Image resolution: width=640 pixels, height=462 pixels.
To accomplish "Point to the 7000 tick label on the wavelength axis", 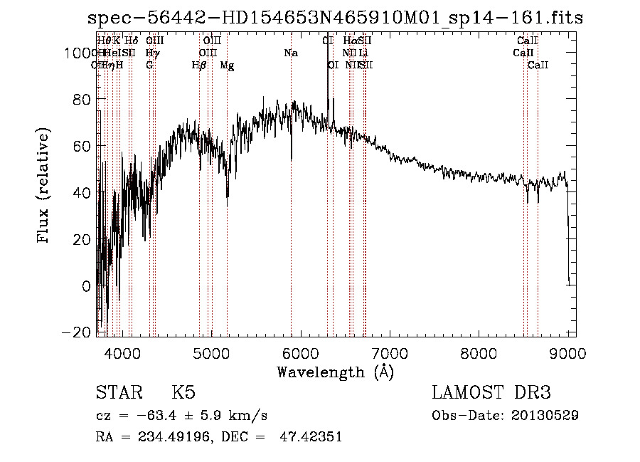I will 390,353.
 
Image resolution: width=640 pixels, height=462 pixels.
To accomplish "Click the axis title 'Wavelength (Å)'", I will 335,372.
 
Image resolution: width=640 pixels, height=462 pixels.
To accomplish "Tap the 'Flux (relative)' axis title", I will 45,187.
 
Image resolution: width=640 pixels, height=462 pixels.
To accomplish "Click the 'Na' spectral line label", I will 290,53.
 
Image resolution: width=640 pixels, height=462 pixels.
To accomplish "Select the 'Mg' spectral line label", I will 227,65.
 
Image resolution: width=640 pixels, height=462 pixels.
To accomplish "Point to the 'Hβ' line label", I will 199,65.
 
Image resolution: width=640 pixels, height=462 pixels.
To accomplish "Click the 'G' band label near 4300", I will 149,65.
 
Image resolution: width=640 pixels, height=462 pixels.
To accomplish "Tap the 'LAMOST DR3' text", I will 491,393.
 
